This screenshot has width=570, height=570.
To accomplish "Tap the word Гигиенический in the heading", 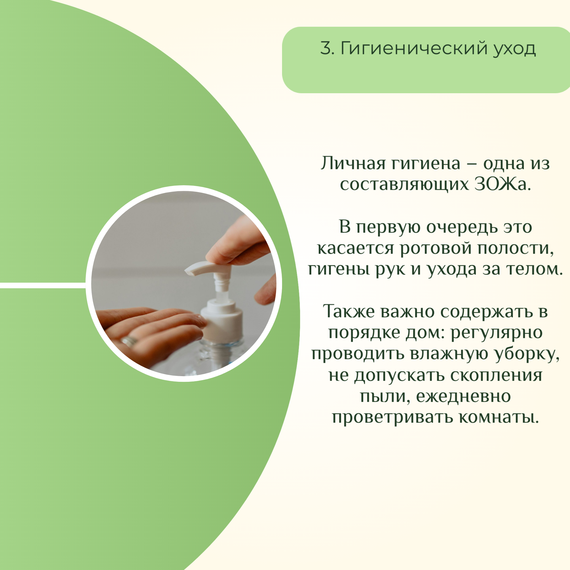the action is (x=414, y=48).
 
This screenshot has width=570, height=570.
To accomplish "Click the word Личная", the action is (x=353, y=163).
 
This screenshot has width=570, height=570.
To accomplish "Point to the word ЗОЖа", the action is (x=502, y=184).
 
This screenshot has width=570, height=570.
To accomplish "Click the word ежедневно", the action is (x=463, y=397).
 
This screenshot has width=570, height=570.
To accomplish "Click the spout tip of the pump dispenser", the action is (x=188, y=271).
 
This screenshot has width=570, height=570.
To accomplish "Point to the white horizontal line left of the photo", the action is (x=43, y=285).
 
